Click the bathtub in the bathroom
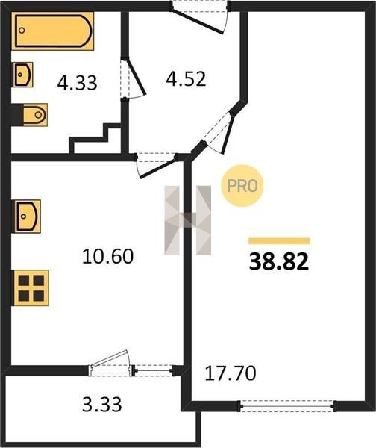click(x=53, y=31)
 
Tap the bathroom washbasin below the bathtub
click(x=22, y=75)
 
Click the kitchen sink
click(x=28, y=217)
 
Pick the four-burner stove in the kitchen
click(x=31, y=287)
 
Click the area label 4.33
click(x=77, y=83)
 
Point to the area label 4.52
click(x=186, y=79)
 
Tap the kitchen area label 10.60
click(x=107, y=256)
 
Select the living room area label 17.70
click(x=231, y=373)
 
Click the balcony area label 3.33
click(x=102, y=404)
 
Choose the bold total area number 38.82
click(x=279, y=262)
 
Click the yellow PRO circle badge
click(x=242, y=186)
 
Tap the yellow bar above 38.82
click(x=279, y=241)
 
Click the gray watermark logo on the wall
click(x=187, y=220)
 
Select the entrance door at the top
click(x=200, y=18)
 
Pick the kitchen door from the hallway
click(x=156, y=165)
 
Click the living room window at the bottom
click(x=286, y=405)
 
